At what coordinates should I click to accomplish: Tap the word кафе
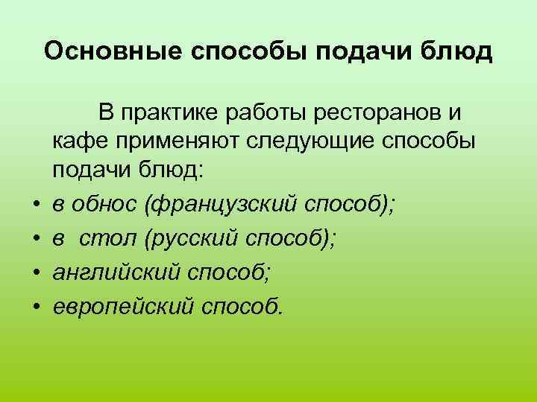pyautogui.click(x=76, y=143)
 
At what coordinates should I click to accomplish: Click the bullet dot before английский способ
pyautogui.click(x=35, y=272)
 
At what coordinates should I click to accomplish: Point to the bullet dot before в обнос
pyautogui.click(x=35, y=202)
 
